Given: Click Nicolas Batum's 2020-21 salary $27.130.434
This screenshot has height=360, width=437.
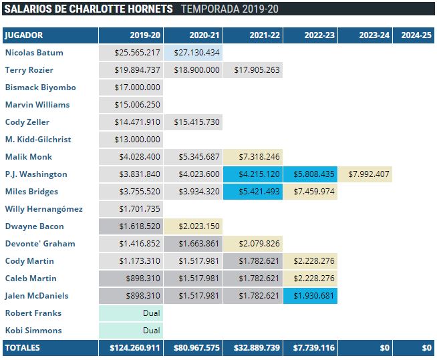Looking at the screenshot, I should [x=193, y=53].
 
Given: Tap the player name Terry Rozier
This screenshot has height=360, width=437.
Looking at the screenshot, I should [x=29, y=70].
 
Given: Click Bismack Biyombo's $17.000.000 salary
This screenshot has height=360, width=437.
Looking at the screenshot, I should [x=131, y=87].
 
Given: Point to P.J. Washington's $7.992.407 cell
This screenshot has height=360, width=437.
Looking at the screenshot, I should [x=365, y=174].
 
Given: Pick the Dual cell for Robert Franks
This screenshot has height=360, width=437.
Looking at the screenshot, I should [x=131, y=313].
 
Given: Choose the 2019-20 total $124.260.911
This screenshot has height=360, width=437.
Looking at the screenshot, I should [x=131, y=348].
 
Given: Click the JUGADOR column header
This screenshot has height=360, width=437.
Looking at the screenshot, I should [x=24, y=35].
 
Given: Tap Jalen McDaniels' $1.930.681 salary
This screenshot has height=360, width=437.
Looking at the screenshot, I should [x=310, y=296].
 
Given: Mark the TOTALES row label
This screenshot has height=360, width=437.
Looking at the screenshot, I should [x=23, y=348].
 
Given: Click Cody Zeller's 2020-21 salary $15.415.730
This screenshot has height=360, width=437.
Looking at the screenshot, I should [x=193, y=122].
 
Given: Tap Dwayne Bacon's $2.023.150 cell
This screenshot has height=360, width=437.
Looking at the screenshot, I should [x=193, y=226].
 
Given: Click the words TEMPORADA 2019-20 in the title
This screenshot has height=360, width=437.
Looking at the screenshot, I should [x=230, y=9].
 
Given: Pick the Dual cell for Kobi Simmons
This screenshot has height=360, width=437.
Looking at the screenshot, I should [x=131, y=331].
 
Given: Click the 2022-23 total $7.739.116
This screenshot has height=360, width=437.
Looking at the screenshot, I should [x=310, y=348].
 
